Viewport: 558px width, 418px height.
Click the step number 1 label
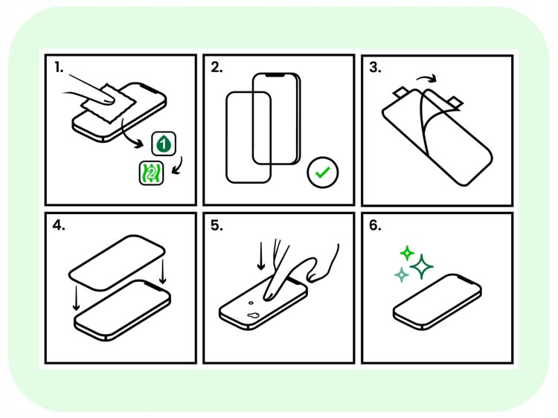click(58, 68)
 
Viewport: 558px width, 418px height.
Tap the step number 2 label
click(217, 68)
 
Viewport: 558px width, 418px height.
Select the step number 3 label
click(375, 68)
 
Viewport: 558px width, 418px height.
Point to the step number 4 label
click(59, 226)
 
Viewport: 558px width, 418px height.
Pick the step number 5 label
click(217, 226)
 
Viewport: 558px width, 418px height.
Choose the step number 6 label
click(375, 226)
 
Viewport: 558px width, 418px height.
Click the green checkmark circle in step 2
click(323, 173)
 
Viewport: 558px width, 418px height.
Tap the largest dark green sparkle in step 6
click(423, 266)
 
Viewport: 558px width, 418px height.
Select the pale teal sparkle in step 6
click(401, 275)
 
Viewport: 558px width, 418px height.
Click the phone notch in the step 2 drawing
click(276, 76)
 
